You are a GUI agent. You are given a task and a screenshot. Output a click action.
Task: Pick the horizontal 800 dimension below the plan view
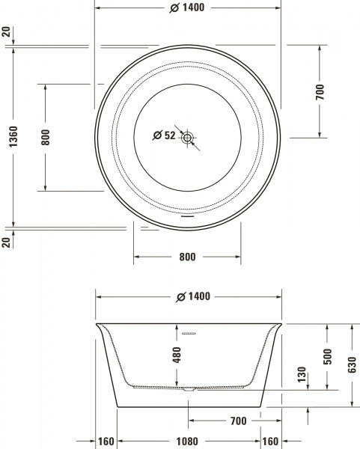pos(187,257)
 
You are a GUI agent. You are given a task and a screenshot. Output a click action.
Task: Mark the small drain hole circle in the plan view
pos(187,137)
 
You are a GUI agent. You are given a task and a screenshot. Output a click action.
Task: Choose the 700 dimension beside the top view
pos(320,91)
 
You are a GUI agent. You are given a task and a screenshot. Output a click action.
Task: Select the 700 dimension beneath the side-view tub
pos(238,421)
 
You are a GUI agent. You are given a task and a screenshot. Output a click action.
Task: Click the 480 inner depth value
pos(177,355)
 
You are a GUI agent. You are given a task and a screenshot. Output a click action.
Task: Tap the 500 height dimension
pos(326,356)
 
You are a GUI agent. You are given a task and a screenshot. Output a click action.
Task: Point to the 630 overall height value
pos(352,365)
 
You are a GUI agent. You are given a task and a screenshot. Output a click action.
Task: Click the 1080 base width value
pos(187,442)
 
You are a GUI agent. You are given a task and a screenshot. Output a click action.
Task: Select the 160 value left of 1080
pos(106,442)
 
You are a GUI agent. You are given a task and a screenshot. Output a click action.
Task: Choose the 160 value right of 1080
pos(269,442)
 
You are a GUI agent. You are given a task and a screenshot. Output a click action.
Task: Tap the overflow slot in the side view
pos(188,334)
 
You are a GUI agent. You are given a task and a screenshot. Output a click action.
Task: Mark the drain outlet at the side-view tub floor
pos(187,388)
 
